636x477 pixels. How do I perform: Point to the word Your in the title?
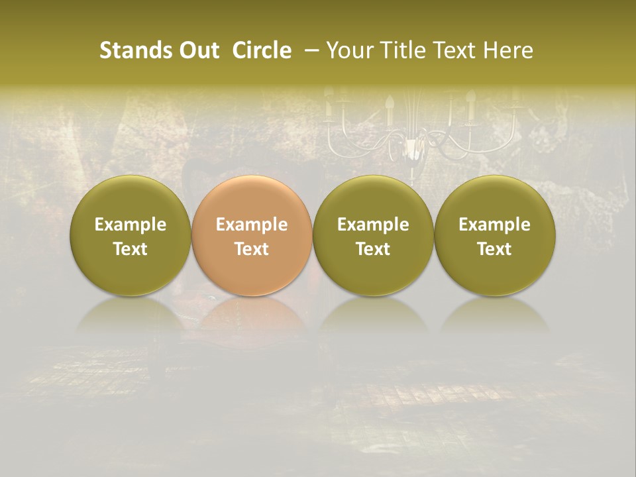tap(348, 50)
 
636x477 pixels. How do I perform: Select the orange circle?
tap(252, 235)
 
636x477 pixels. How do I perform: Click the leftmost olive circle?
tap(130, 235)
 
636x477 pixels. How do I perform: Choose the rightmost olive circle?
tap(495, 235)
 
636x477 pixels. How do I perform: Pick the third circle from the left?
tap(373, 235)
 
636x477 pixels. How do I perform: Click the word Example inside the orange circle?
tap(252, 225)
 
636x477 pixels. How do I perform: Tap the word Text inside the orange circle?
tap(252, 249)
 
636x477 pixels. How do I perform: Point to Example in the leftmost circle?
tap(130, 225)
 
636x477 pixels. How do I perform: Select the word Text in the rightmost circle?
tap(495, 249)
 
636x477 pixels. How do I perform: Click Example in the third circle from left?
tap(373, 225)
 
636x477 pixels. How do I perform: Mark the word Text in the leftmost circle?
tap(130, 249)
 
